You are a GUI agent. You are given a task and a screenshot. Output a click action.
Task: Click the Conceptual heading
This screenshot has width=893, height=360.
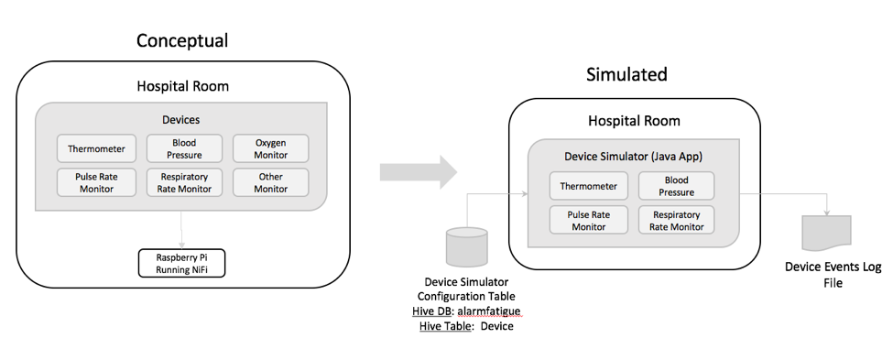[x=182, y=40]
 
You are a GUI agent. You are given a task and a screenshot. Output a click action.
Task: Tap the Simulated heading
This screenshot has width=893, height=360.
[x=626, y=74]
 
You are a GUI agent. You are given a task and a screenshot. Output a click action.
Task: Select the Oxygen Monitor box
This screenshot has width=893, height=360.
[x=270, y=148]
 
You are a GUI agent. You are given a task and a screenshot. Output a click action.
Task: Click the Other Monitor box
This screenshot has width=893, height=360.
[x=270, y=182]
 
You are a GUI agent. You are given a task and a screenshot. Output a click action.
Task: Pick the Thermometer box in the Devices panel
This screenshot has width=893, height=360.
[x=96, y=148]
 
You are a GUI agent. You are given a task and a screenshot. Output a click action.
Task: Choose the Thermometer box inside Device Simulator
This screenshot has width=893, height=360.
[x=589, y=186]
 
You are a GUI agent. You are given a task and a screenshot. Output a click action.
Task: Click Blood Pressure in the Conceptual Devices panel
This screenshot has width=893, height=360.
[x=185, y=148]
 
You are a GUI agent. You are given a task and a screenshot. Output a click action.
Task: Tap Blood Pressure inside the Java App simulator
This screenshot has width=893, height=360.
[x=676, y=186]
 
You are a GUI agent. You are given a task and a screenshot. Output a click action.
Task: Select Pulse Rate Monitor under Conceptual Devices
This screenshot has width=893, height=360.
[x=96, y=182]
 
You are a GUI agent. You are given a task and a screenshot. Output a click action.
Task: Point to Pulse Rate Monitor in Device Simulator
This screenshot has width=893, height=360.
[x=589, y=220]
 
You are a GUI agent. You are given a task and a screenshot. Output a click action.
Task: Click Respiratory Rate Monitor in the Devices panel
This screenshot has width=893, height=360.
[x=185, y=182]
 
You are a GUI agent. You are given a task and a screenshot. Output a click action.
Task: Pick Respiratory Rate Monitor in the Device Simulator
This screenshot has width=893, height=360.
[x=676, y=220]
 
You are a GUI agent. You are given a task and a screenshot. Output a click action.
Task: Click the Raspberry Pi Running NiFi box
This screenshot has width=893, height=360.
[x=181, y=264]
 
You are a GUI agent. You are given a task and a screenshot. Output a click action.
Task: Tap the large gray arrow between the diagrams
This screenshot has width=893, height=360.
[x=417, y=171]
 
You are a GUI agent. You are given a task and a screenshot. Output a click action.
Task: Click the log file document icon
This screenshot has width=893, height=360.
[x=825, y=234]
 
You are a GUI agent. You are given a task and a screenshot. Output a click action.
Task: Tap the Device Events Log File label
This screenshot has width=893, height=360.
[x=826, y=275]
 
